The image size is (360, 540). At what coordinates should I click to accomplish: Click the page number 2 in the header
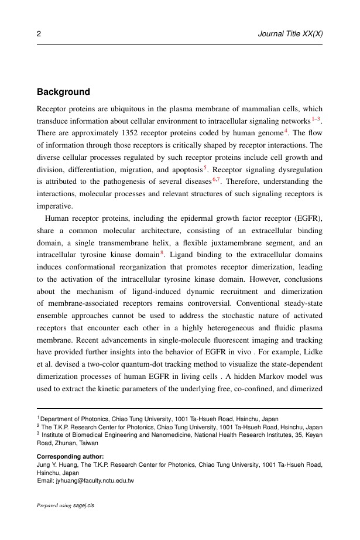click(x=39, y=34)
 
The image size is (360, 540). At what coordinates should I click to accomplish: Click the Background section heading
click(x=63, y=92)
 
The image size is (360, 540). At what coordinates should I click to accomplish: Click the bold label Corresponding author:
click(x=70, y=456)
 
